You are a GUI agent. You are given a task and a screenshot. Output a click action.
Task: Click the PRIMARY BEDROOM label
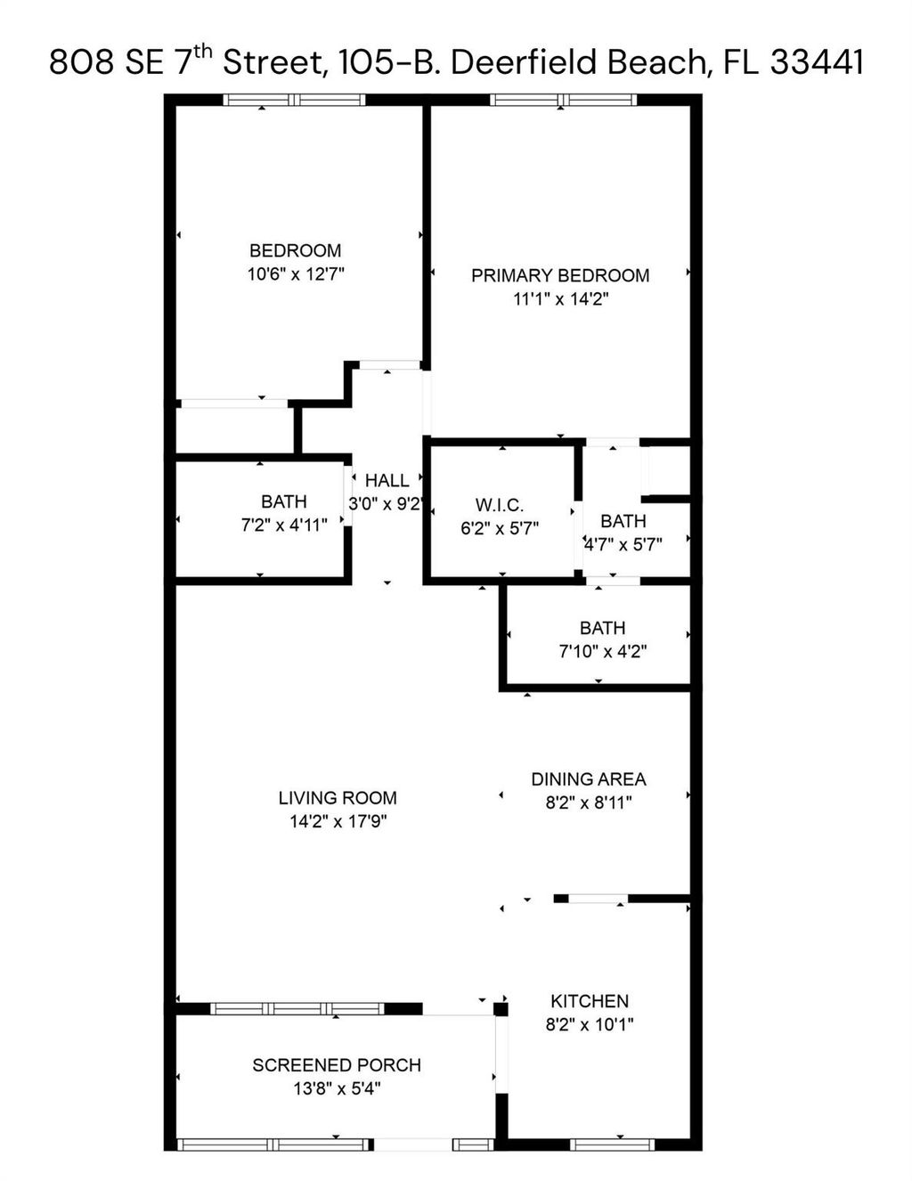pyautogui.click(x=559, y=276)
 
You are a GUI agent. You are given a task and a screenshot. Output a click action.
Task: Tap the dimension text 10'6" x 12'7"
pyautogui.click(x=295, y=274)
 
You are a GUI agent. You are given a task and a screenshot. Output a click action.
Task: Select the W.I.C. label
pyautogui.click(x=499, y=506)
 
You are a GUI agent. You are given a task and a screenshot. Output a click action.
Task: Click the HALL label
pyautogui.click(x=387, y=481)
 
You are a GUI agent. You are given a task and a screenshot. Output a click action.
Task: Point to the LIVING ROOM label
pyautogui.click(x=337, y=798)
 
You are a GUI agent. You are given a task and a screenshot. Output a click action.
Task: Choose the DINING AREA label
pyautogui.click(x=588, y=779)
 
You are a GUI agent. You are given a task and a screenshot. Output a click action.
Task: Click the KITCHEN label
pyautogui.click(x=589, y=1001)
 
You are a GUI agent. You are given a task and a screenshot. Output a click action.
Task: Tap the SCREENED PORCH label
pyautogui.click(x=336, y=1065)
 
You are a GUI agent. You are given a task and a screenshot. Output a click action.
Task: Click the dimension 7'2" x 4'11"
pyautogui.click(x=283, y=525)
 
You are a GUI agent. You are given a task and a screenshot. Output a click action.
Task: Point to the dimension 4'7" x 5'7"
pyautogui.click(x=623, y=544)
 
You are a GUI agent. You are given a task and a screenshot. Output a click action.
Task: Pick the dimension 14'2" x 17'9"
pyautogui.click(x=337, y=821)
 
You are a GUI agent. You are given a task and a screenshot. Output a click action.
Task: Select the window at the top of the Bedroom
pyautogui.click(x=294, y=100)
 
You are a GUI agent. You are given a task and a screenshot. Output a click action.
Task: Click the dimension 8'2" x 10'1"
pyautogui.click(x=589, y=1024)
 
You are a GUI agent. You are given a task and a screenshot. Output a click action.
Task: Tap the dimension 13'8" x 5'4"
pyautogui.click(x=336, y=1088)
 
